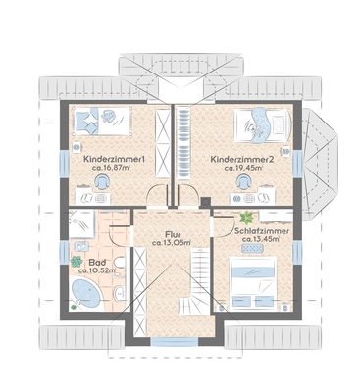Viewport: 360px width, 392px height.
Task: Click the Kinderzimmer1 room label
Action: point(115,158)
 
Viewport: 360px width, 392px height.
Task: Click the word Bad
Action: point(97,263)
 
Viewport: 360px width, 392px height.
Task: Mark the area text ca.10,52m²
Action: point(97,271)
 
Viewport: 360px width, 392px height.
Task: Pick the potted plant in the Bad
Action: point(77,261)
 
